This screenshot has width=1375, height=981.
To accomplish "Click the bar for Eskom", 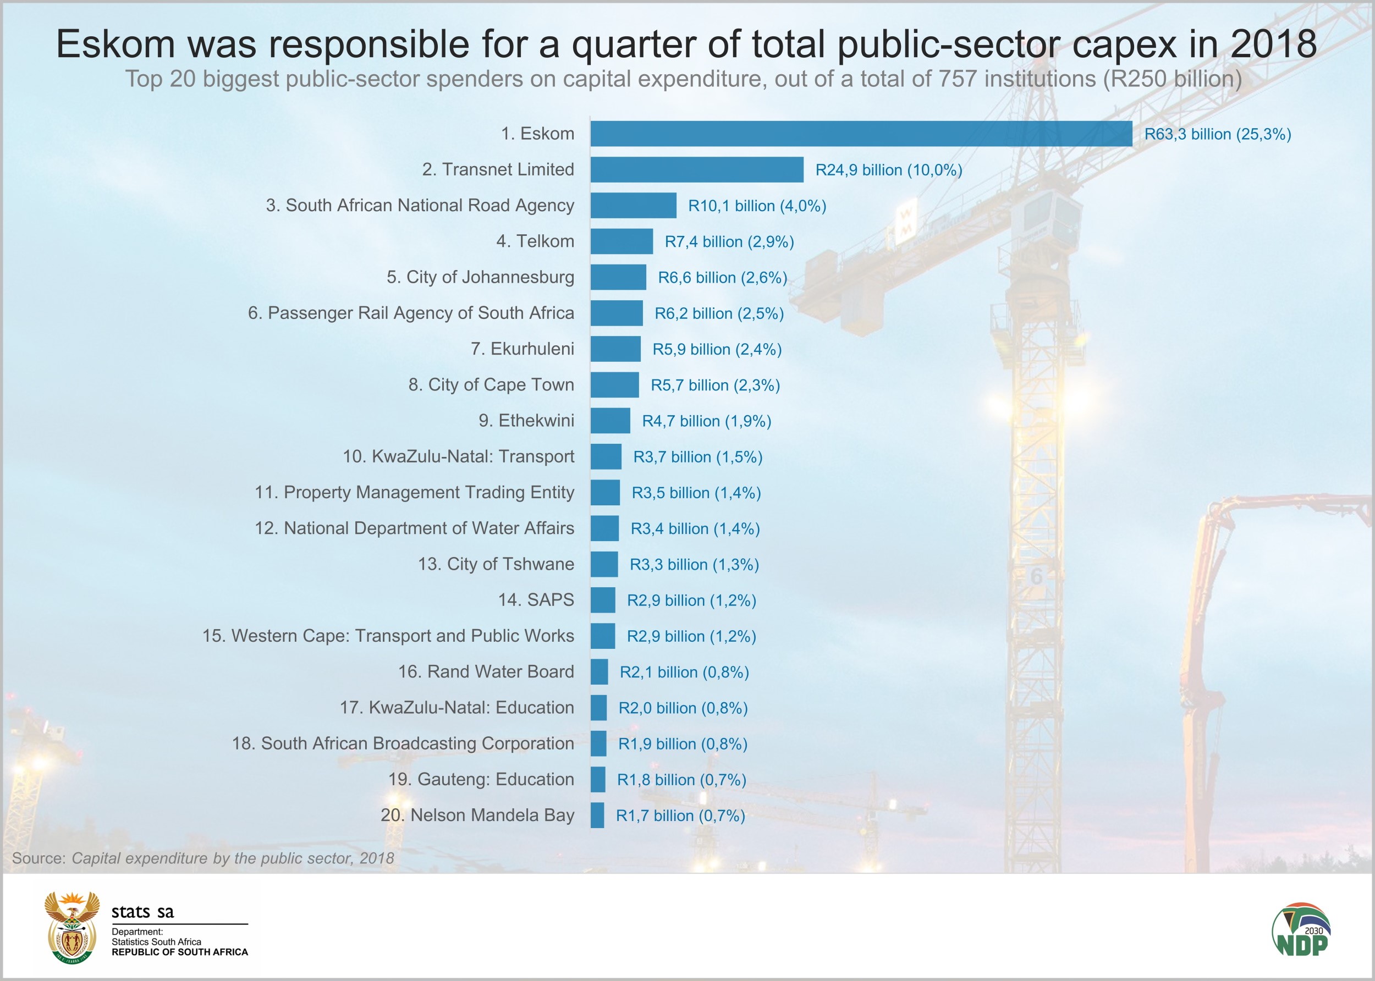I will point(861,134).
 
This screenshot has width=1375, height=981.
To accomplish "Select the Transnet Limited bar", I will point(696,170).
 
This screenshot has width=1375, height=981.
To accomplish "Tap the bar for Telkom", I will point(621,241).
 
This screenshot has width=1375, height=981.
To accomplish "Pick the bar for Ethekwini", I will point(610,421).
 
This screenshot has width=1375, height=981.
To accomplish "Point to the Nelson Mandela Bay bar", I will point(597,815).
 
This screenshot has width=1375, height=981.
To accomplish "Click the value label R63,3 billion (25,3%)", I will point(1217,134).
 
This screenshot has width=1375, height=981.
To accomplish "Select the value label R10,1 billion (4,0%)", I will point(757,206).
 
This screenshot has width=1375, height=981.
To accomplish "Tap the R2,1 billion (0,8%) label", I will point(684,673).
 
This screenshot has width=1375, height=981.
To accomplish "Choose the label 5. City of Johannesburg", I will point(480,277).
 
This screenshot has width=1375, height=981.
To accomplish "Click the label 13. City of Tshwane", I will point(496,564).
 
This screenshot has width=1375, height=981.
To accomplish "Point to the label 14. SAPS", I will point(536,600).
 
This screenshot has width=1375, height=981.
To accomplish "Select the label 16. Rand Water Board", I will point(486,672).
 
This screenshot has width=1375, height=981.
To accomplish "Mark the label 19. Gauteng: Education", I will point(481,779).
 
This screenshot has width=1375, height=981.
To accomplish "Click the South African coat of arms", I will point(72,927).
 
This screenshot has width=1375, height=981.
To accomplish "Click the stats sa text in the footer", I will point(142,912).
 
